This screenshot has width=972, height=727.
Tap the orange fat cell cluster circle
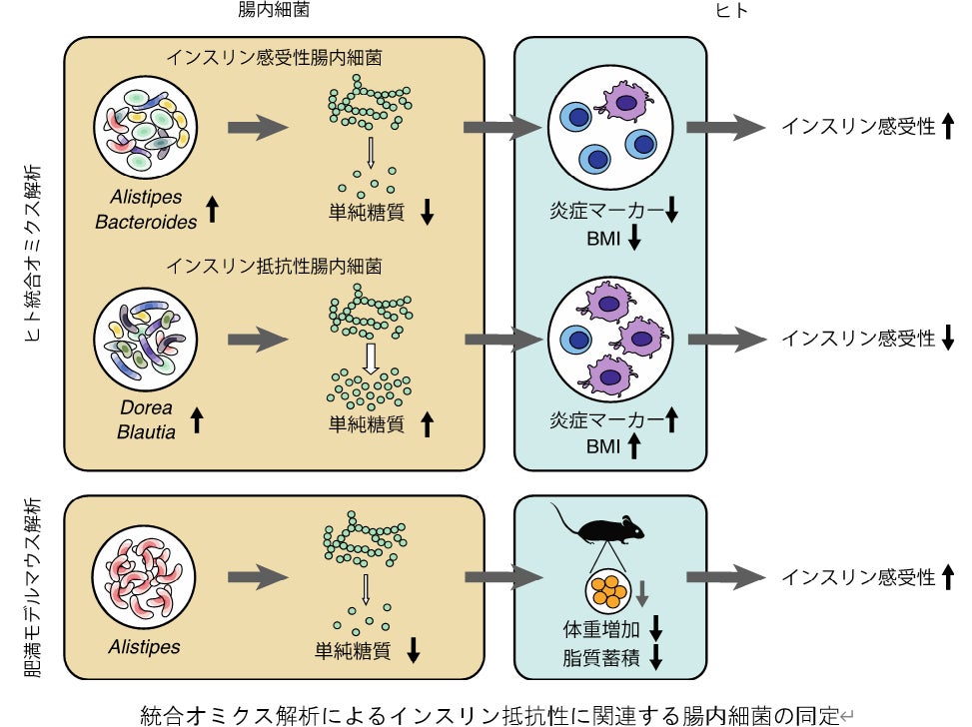pyautogui.click(x=608, y=590)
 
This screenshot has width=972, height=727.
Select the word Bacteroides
pyautogui.click(x=146, y=222)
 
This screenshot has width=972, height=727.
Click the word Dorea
pyautogui.click(x=146, y=407)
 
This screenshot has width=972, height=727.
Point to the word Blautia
pyautogui.click(x=146, y=432)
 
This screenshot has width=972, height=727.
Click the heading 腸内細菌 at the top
pyautogui.click(x=274, y=9)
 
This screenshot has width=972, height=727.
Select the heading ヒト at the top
pyautogui.click(x=731, y=10)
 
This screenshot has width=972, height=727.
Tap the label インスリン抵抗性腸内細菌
pyautogui.click(x=274, y=267)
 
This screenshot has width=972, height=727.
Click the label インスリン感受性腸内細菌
pyautogui.click(x=274, y=58)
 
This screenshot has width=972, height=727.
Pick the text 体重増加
pyautogui.click(x=601, y=629)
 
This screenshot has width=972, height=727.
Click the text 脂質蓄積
pyautogui.click(x=601, y=657)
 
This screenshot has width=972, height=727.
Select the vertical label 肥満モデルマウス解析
pyautogui.click(x=33, y=587)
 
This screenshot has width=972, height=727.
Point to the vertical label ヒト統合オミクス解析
pyautogui.click(x=33, y=253)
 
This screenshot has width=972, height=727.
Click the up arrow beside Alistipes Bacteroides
pyautogui.click(x=213, y=209)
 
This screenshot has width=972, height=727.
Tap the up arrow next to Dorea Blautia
pyautogui.click(x=197, y=419)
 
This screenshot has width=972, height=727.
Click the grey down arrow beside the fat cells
pyautogui.click(x=642, y=593)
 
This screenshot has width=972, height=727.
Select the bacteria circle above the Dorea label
pyautogui.click(x=146, y=340)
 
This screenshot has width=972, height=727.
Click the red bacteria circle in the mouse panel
pyautogui.click(x=144, y=577)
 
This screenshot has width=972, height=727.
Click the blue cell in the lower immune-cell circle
pyautogui.click(x=576, y=340)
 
